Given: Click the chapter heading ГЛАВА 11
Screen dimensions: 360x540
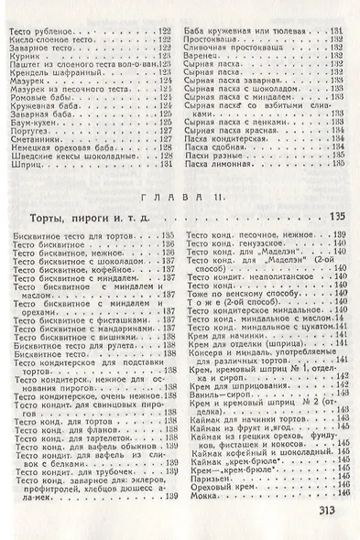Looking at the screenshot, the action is pyautogui.click(x=182, y=221).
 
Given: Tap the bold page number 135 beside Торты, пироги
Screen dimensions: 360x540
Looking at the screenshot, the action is pyautogui.click(x=334, y=246).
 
